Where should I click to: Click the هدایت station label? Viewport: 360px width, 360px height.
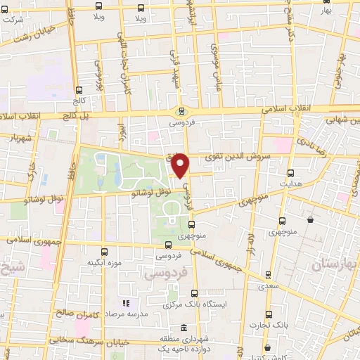pyautogui.click(x=291, y=183)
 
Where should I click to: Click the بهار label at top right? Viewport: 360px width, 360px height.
pyautogui.click(x=324, y=12)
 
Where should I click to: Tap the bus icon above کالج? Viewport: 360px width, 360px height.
pyautogui.click(x=79, y=90)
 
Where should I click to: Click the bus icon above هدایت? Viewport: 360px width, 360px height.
pyautogui.click(x=291, y=172)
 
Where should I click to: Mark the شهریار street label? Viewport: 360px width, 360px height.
pyautogui.click(x=18, y=137)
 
